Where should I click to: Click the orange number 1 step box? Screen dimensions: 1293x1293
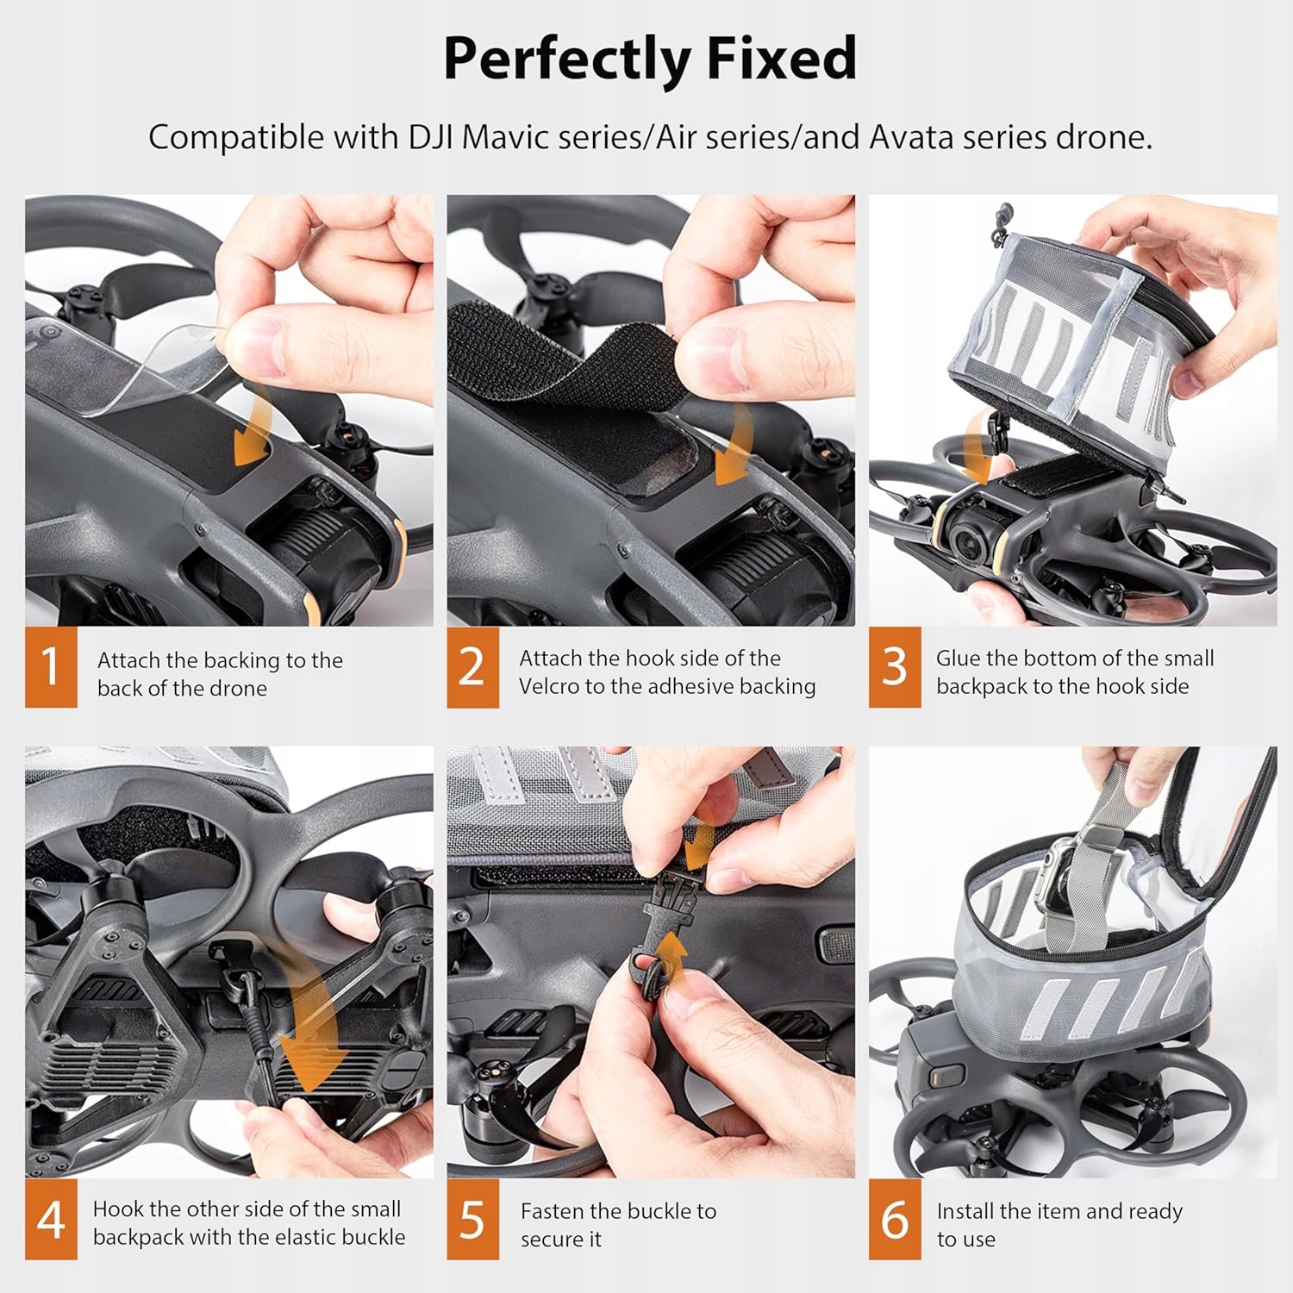(51, 667)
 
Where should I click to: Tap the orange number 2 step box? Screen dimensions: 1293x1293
(472, 667)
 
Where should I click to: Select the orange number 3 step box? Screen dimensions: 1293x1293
(895, 667)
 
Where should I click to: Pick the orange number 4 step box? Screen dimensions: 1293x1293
(51, 1219)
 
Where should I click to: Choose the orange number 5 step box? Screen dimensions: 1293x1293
(472, 1219)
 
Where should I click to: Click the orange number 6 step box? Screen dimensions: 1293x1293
(895, 1219)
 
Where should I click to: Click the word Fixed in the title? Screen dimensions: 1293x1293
(781, 59)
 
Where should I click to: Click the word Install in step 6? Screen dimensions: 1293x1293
(965, 1211)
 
